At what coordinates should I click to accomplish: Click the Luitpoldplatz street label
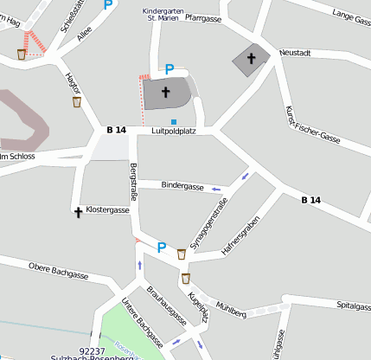pos(175,130)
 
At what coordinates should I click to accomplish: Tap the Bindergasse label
pos(182,186)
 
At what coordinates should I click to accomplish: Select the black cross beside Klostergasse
pos(78,210)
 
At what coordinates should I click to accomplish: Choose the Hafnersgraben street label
pos(240,235)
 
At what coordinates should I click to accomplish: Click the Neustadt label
pos(295,53)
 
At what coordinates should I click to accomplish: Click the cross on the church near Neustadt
pos(252,58)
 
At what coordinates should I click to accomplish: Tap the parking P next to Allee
pos(108,4)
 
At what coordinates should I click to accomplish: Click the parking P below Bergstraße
pos(161,247)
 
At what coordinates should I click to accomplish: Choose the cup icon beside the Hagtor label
pos(77,101)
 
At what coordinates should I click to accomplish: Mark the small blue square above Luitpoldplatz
pos(174,121)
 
